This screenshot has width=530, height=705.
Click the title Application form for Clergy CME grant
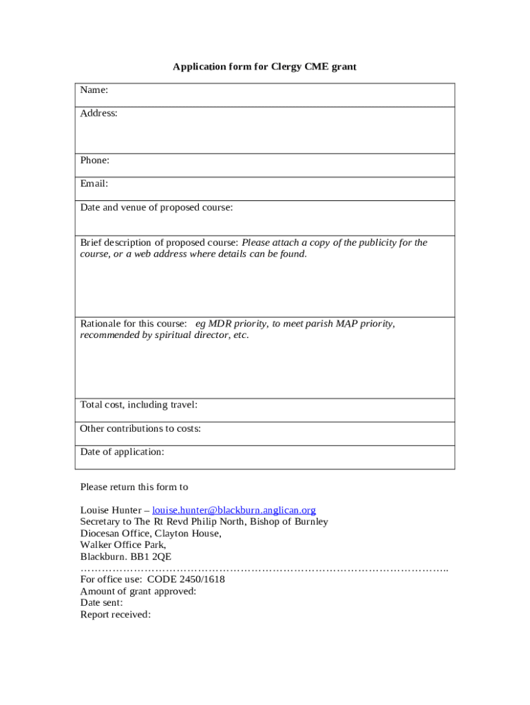coord(264,67)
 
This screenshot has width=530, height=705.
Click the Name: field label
coord(94,90)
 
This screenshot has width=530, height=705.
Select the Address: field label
coord(98,114)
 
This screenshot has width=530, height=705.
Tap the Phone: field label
coord(95,160)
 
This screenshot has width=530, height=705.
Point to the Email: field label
coord(94,184)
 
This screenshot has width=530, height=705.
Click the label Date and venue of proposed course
coord(156,207)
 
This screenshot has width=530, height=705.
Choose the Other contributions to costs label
coord(140,428)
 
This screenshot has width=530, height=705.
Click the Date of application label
coord(122,452)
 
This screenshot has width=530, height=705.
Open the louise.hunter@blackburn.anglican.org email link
coord(234,510)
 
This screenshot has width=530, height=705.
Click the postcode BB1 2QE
coord(156,557)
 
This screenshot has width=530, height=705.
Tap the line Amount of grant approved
coord(138,591)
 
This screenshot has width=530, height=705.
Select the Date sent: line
coord(101,602)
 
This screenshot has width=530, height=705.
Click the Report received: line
coord(115,614)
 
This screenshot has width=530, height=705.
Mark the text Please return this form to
coord(134,487)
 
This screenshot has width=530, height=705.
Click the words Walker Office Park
coord(123,545)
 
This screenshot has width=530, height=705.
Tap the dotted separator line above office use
coord(264,569)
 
